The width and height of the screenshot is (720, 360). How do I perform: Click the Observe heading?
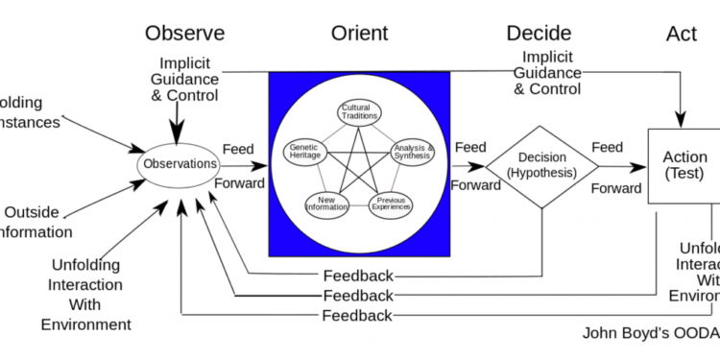point(184,34)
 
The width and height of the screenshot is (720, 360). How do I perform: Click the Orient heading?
point(360,34)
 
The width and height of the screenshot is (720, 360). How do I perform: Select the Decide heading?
point(539,34)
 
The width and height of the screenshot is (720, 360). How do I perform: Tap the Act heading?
point(682,35)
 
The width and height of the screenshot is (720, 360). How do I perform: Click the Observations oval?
point(180,164)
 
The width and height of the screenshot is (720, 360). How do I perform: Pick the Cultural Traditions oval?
point(357,112)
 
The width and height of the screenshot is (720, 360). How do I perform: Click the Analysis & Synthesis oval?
point(414,152)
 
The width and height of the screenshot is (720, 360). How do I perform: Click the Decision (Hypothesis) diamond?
point(541,165)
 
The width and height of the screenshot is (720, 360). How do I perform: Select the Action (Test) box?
point(684,164)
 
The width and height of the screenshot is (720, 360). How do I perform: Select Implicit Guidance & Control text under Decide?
point(546,73)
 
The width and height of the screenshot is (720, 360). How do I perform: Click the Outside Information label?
point(36,222)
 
